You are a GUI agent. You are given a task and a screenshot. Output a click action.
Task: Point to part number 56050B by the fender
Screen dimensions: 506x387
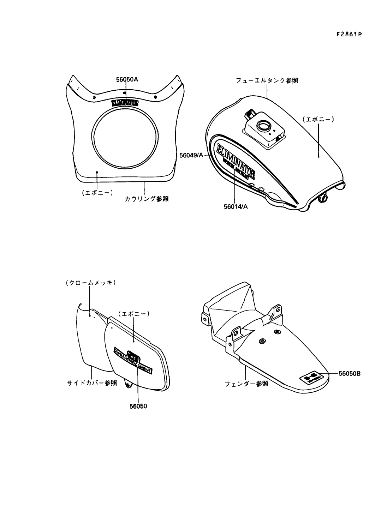pos(349,373)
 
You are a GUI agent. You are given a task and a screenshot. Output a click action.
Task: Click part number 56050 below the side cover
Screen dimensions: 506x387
pos(138,406)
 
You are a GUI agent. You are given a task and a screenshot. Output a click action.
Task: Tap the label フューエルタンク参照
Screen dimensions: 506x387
pos(267,81)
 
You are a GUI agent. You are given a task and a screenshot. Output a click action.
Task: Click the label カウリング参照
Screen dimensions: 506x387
pos(146,199)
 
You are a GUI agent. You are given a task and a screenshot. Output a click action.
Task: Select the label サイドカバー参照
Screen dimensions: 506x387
pos(92,383)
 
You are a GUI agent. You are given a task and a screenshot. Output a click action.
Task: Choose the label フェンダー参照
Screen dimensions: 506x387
pos(246,384)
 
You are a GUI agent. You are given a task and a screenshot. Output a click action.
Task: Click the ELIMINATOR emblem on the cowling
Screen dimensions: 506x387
pos(125,103)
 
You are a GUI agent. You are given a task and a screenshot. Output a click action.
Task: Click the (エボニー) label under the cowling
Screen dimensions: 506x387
pos(97,193)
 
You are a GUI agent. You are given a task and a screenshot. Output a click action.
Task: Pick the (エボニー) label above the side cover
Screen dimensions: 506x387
pos(134,313)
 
